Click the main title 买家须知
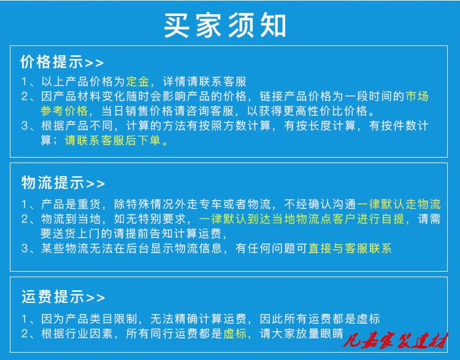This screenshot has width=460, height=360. (x=224, y=25)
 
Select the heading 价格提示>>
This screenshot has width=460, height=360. (x=62, y=62)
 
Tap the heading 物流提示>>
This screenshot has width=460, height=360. (x=63, y=183)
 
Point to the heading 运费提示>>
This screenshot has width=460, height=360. (x=63, y=297)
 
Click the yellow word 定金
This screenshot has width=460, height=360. (x=137, y=82)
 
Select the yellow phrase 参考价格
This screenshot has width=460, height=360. (x=64, y=111)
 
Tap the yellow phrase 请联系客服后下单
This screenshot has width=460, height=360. (x=113, y=140)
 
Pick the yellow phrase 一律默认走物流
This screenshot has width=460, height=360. (x=399, y=204)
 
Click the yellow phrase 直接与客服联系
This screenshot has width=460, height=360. (x=350, y=248)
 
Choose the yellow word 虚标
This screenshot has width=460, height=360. (x=235, y=334)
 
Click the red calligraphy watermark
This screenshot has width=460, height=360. (x=396, y=340)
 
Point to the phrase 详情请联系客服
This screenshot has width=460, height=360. (x=204, y=82)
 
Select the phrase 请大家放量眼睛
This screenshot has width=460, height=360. (x=302, y=334)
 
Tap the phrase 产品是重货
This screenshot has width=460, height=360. (x=71, y=204)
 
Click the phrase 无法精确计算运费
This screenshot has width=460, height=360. (x=198, y=319)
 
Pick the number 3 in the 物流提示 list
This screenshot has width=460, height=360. (x=25, y=249)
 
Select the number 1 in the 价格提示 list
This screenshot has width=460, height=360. (x=24, y=82)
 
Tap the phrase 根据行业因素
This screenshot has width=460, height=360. (x=77, y=334)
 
